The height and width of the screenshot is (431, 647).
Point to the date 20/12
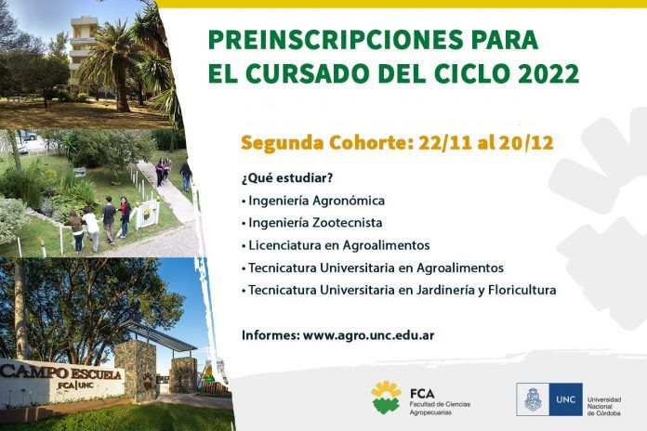[x=526, y=143]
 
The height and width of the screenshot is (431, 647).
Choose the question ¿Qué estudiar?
[x=287, y=178]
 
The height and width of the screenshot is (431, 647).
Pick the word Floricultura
[x=522, y=290]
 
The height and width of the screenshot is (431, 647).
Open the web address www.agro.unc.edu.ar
[x=368, y=335]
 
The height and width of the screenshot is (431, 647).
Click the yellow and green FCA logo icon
[x=386, y=398]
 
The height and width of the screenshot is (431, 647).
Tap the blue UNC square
[x=565, y=399]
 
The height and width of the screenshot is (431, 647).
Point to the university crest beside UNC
[x=533, y=399]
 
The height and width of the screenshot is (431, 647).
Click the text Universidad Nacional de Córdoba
[x=604, y=406]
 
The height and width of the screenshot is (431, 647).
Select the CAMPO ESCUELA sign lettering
[x=61, y=373]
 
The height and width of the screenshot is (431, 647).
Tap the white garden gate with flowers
[x=148, y=214]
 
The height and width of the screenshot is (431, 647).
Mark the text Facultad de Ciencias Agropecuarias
[x=440, y=409]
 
